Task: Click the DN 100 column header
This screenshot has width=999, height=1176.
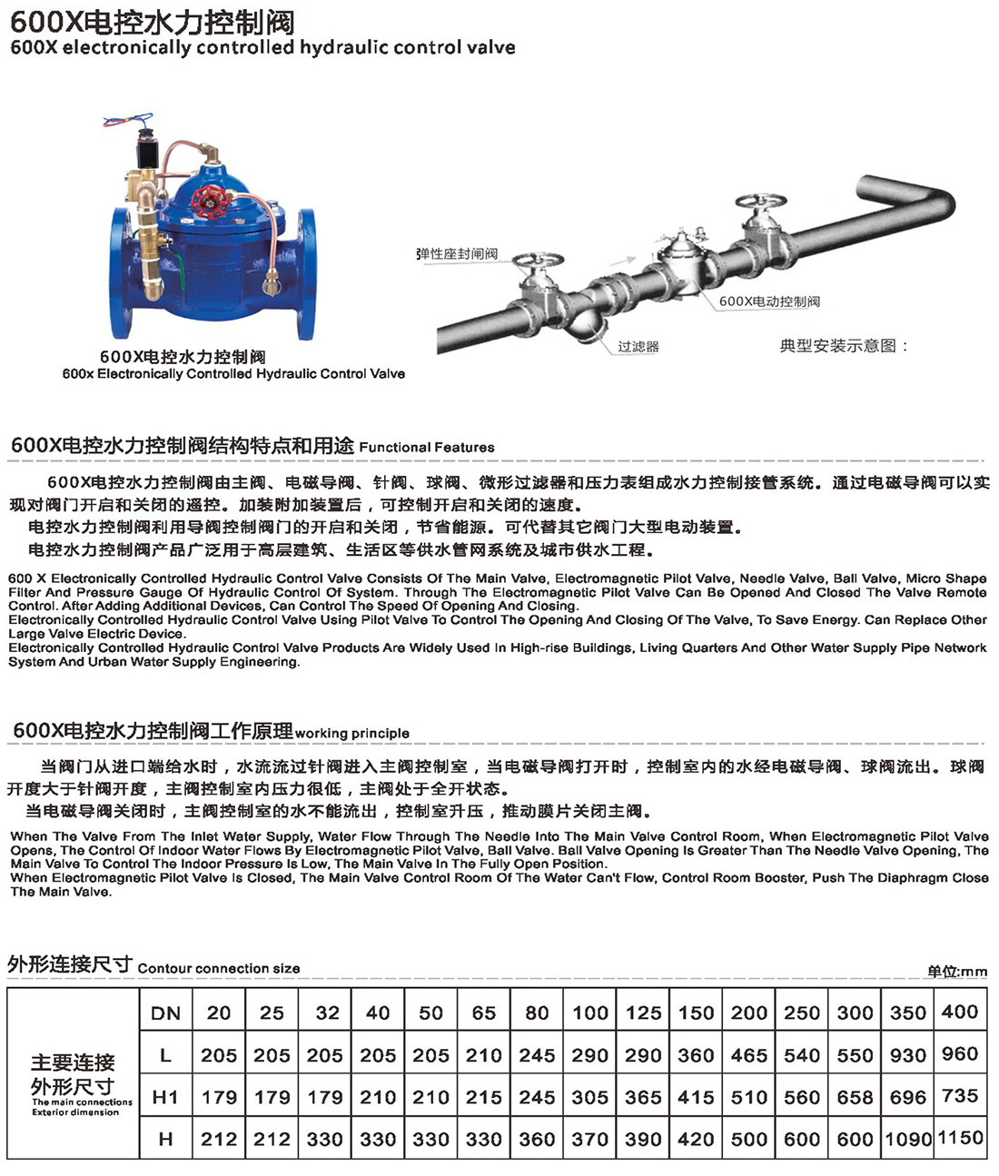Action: [x=590, y=1013]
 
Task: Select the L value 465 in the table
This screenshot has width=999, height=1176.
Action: [x=749, y=1055]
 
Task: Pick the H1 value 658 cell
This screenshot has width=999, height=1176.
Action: [x=855, y=1097]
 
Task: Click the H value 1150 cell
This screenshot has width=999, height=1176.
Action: [x=960, y=1138]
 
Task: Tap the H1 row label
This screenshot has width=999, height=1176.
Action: [x=165, y=1097]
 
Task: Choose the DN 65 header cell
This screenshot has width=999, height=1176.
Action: [x=484, y=1013]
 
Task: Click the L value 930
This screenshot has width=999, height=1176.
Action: [x=907, y=1055]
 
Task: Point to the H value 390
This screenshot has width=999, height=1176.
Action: [x=643, y=1139]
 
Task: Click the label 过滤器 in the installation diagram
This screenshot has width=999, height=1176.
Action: [x=638, y=347]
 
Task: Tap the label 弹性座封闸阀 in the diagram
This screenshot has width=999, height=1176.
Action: [x=457, y=254]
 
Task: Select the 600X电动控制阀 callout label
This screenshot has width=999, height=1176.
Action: [x=769, y=301]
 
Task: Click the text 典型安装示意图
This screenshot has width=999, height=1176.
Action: [x=844, y=346]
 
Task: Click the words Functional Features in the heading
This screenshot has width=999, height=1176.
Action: [x=427, y=447]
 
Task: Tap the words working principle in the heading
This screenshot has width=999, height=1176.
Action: [x=352, y=733]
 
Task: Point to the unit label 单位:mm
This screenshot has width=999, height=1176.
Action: [x=956, y=972]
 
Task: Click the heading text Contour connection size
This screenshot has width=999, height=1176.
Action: [x=219, y=968]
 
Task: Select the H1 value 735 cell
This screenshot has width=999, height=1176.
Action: [x=960, y=1095]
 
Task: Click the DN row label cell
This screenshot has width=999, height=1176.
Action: [x=165, y=1013]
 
